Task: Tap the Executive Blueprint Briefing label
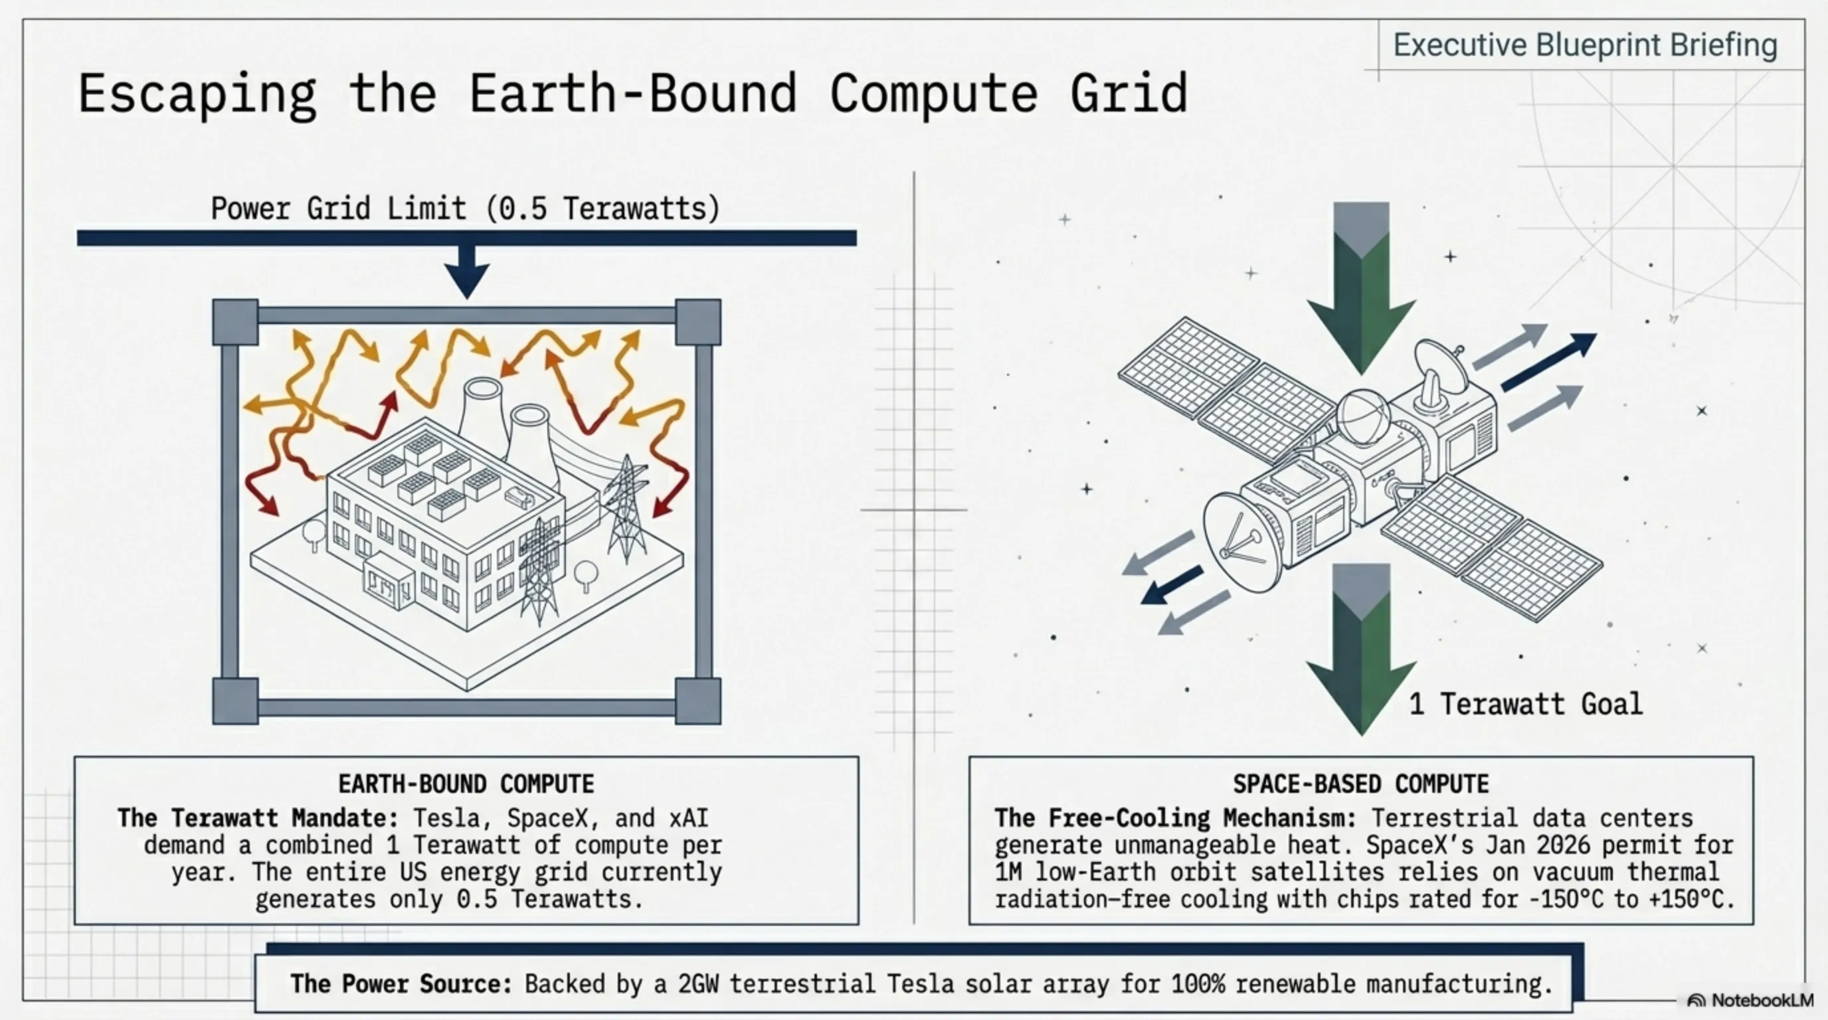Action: [x=1586, y=45]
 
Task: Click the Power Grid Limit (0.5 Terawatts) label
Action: [x=466, y=209]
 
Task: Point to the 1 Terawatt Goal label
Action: [x=1526, y=704]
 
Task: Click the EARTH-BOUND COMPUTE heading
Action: [x=466, y=784]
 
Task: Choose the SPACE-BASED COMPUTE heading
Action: [x=1361, y=784]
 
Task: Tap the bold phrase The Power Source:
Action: [x=401, y=984]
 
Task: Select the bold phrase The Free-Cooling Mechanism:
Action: [x=1175, y=818]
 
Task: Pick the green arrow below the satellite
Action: [x=1361, y=649]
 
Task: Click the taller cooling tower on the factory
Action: [x=485, y=418]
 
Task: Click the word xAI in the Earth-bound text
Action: [x=688, y=818]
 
